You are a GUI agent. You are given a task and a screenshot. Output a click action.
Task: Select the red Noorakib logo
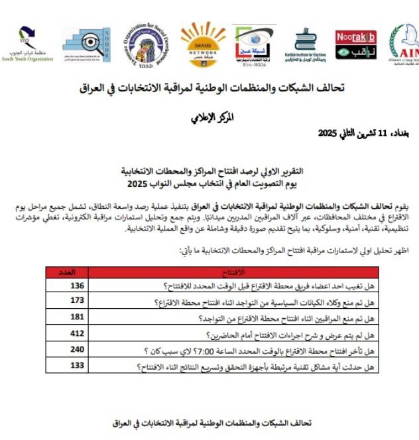355,44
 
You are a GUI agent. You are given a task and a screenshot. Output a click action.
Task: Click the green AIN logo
404,44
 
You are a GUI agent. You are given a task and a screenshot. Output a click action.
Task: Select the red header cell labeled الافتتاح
232,272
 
